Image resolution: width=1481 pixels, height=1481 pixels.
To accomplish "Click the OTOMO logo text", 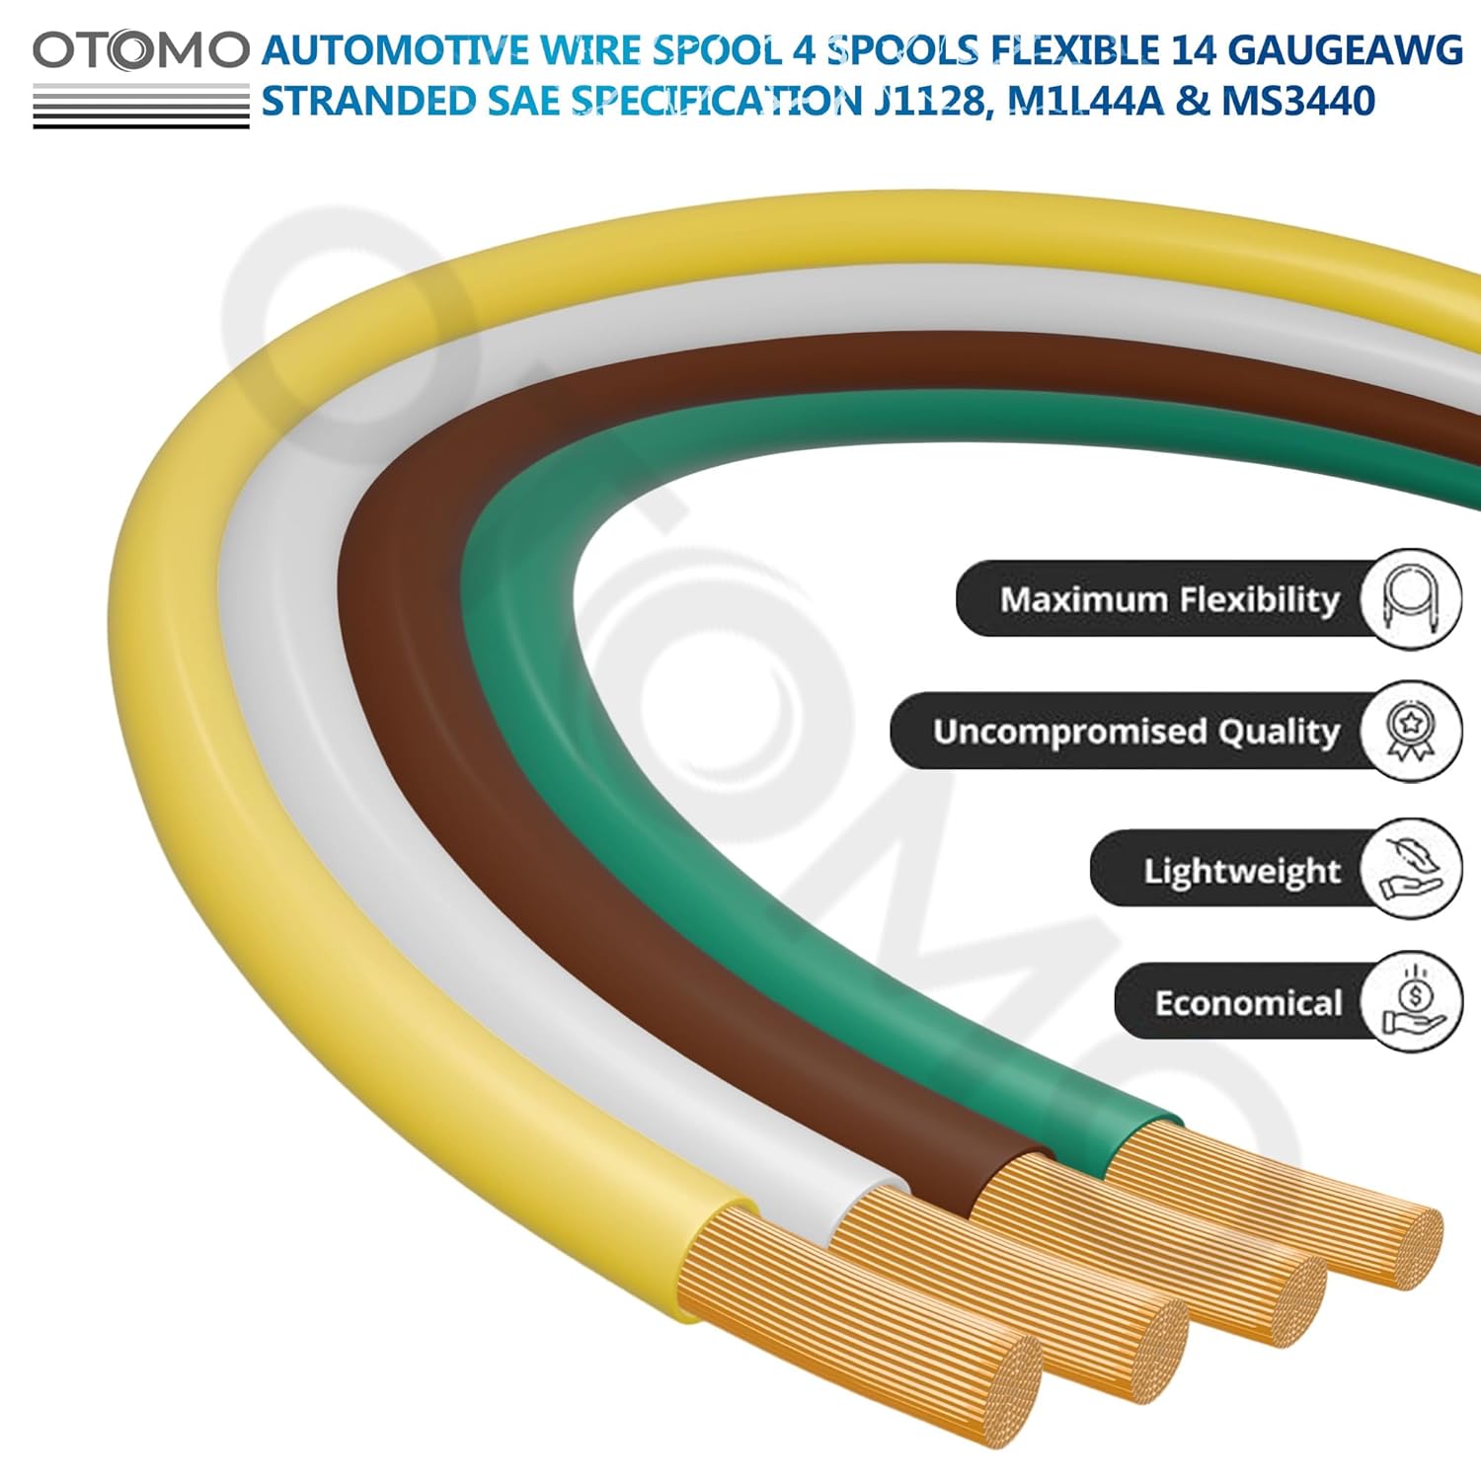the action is click(141, 51).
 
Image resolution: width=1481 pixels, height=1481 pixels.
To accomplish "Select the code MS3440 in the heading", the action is click(1298, 102).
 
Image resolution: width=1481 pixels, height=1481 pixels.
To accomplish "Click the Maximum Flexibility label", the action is click(1169, 599).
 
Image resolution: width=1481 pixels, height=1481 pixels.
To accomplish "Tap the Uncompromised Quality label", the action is click(1135, 732).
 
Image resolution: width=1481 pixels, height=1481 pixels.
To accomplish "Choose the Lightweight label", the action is click(1241, 871).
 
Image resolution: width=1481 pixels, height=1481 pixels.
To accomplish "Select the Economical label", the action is click(1248, 1003).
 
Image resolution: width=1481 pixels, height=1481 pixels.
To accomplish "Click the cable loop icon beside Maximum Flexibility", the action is click(1409, 599).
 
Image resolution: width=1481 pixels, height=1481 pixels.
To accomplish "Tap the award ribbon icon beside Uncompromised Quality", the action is click(1409, 732).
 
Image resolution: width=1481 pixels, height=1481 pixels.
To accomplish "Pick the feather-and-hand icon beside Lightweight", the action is click(1409, 869).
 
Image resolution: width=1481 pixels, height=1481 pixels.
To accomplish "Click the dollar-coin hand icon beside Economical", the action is click(1409, 1001).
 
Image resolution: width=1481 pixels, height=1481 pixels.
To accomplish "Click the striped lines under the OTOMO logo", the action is click(141, 106).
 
